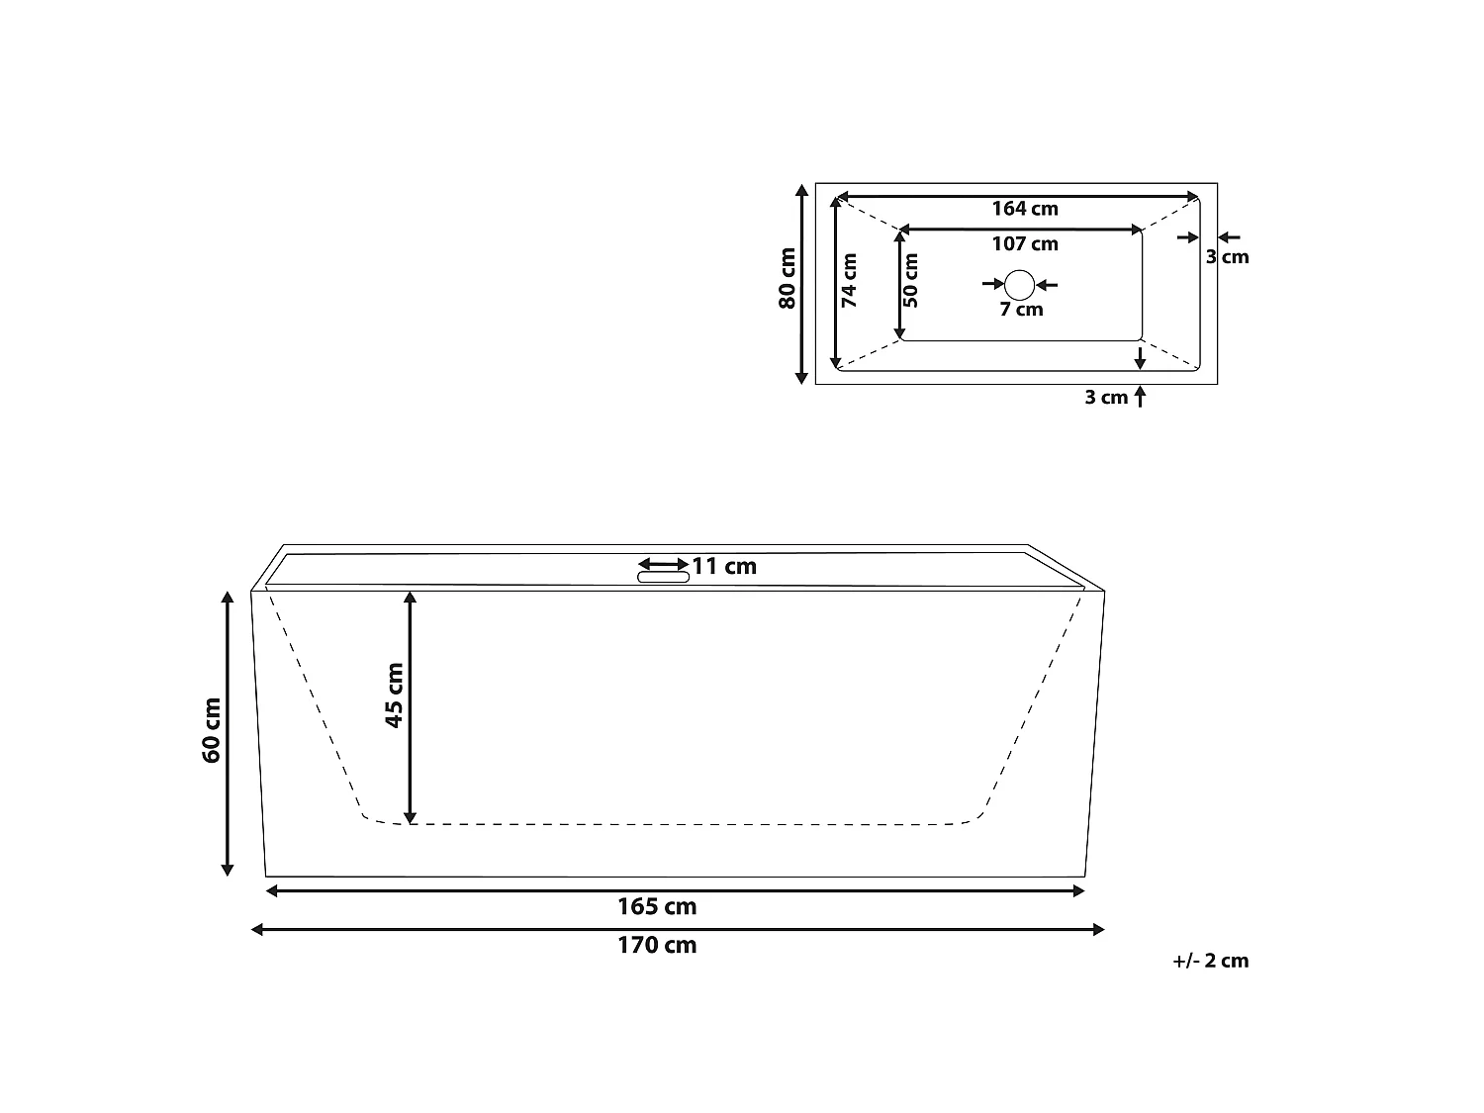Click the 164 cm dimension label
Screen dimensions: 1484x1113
(1024, 209)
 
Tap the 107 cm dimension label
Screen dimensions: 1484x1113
(1024, 244)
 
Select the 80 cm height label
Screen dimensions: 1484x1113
(788, 278)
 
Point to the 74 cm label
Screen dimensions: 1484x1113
(849, 280)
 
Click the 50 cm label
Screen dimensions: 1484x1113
(911, 280)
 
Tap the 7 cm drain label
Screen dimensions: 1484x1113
(1021, 310)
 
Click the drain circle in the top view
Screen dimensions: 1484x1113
(1019, 285)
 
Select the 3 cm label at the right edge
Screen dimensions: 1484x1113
(1227, 257)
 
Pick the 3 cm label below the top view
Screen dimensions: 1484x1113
(1106, 398)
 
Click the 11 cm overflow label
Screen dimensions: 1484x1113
(724, 566)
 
